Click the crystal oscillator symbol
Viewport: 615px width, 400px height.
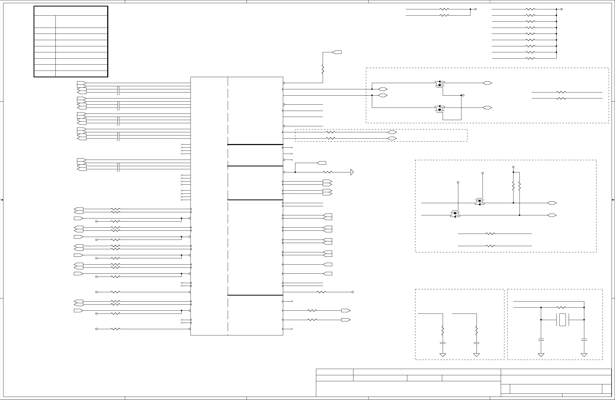(562, 320)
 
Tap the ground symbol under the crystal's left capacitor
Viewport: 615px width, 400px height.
(541, 355)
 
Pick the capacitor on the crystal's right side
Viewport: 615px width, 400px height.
(584, 340)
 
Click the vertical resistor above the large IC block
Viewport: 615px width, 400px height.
(323, 70)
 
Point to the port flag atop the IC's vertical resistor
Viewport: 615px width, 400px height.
(337, 52)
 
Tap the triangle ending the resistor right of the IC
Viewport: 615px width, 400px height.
(352, 172)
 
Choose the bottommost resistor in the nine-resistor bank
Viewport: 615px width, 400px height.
(530, 58)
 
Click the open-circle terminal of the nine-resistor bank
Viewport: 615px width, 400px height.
(562, 9)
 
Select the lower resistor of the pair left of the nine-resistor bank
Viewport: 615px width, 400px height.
(444, 15)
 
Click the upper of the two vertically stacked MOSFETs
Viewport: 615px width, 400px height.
(440, 84)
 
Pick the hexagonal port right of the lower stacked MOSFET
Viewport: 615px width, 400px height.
(487, 108)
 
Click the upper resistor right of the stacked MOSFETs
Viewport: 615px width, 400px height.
(561, 92)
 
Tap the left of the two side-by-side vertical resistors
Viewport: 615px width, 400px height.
(513, 186)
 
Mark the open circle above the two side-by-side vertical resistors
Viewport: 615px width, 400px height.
(513, 167)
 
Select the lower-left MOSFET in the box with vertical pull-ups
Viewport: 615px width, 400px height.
(455, 215)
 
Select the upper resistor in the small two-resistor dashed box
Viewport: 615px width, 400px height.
(331, 132)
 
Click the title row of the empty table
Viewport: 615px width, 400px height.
(71, 11)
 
